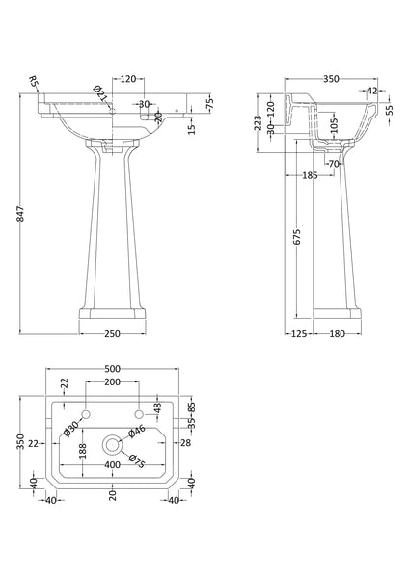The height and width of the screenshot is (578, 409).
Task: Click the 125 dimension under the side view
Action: (298, 333)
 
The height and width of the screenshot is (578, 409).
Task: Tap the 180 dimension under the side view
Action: (338, 333)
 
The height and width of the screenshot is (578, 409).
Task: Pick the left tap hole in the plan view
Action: (87, 413)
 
